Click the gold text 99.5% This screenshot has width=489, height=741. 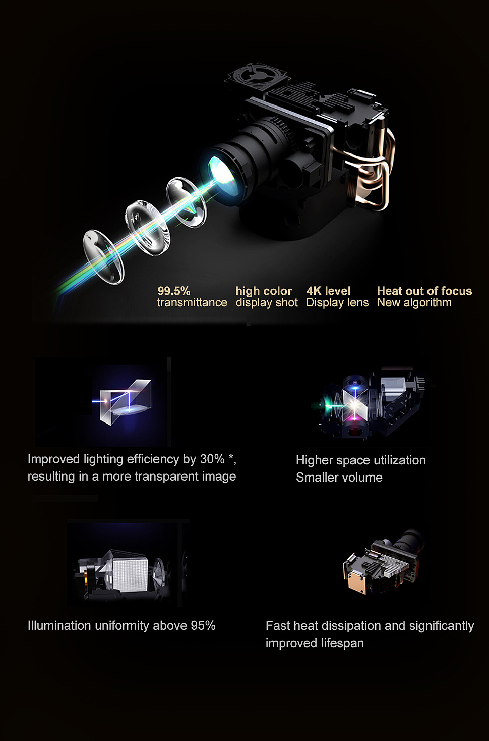(x=174, y=291)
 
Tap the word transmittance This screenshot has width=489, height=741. (x=192, y=302)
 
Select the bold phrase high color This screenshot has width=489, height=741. (x=264, y=291)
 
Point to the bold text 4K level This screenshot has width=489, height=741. (x=328, y=291)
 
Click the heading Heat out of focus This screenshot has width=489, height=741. (x=424, y=291)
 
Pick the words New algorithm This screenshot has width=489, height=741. (x=414, y=302)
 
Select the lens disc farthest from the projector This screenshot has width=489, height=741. (x=103, y=257)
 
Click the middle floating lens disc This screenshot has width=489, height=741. (x=147, y=228)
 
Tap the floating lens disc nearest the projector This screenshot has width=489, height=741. (x=187, y=202)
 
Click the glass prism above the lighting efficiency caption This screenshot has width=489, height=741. (x=126, y=402)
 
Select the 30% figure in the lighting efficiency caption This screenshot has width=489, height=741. (x=212, y=459)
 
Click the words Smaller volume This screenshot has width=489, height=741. (x=339, y=478)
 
